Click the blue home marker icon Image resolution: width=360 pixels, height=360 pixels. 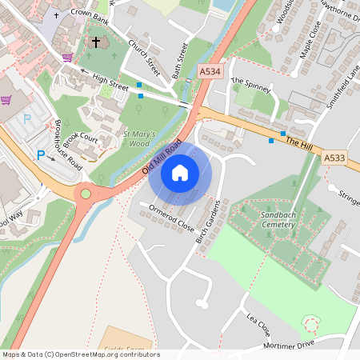click(x=180, y=172)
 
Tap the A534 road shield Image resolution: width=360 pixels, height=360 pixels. click(x=210, y=71)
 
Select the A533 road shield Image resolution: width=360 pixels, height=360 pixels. click(x=335, y=159)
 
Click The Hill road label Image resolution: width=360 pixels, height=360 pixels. click(x=298, y=144)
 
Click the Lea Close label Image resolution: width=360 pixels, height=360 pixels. click(x=258, y=324)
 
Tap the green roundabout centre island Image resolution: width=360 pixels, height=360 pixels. click(x=86, y=193)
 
